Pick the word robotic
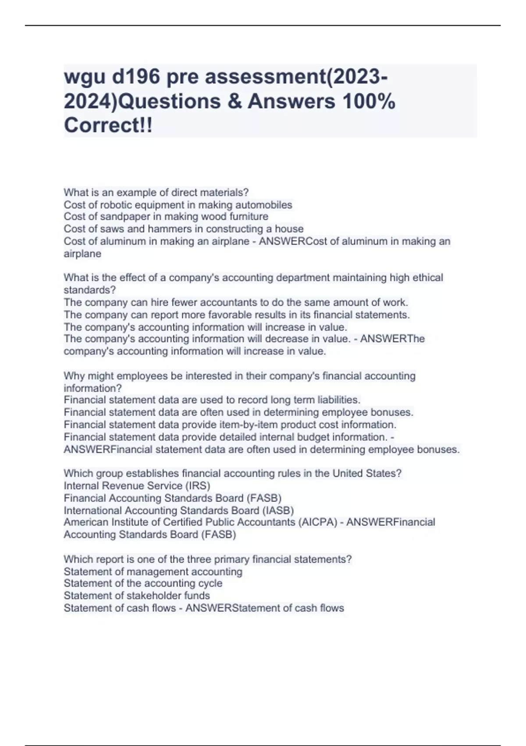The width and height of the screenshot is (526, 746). [x=115, y=205]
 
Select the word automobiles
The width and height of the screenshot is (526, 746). [x=264, y=205]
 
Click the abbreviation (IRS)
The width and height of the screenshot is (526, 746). [x=197, y=486]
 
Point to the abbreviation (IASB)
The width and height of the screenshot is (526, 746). [x=278, y=510]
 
